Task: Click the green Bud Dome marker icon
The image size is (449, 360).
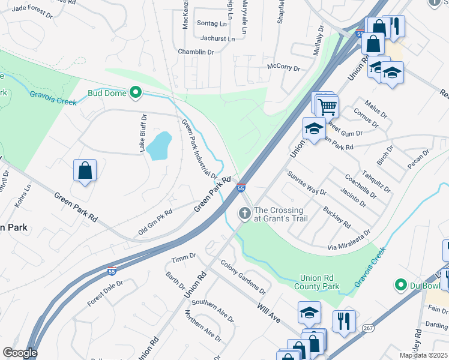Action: (x=136, y=92)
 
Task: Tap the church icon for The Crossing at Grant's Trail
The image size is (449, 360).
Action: (x=244, y=213)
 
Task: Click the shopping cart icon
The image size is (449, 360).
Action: (x=327, y=107)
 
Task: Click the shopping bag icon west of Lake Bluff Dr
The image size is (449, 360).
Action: (x=85, y=170)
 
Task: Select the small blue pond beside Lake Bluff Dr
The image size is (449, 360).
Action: (x=159, y=146)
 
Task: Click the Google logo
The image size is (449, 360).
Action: (x=19, y=353)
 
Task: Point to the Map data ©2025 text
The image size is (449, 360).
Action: (x=423, y=355)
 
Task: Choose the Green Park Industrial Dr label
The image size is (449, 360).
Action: (x=199, y=149)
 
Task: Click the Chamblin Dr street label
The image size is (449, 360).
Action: (x=196, y=52)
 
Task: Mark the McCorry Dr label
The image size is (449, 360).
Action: (x=283, y=67)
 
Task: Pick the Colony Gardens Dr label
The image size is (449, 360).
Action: (x=243, y=275)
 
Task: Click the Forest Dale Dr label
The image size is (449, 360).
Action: (x=105, y=292)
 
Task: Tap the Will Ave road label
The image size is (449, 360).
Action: (x=269, y=314)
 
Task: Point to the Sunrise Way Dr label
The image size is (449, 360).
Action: (x=306, y=184)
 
